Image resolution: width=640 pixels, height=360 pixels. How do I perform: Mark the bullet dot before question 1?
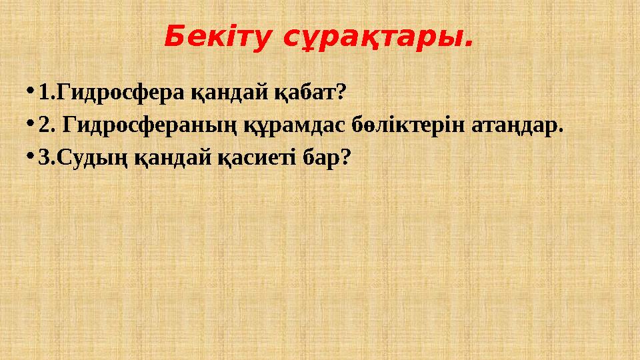(31, 91)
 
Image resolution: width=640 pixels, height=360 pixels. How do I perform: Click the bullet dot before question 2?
(31, 123)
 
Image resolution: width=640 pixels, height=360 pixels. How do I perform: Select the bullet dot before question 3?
(31, 156)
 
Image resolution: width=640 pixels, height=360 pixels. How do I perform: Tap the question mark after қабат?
(342, 91)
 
